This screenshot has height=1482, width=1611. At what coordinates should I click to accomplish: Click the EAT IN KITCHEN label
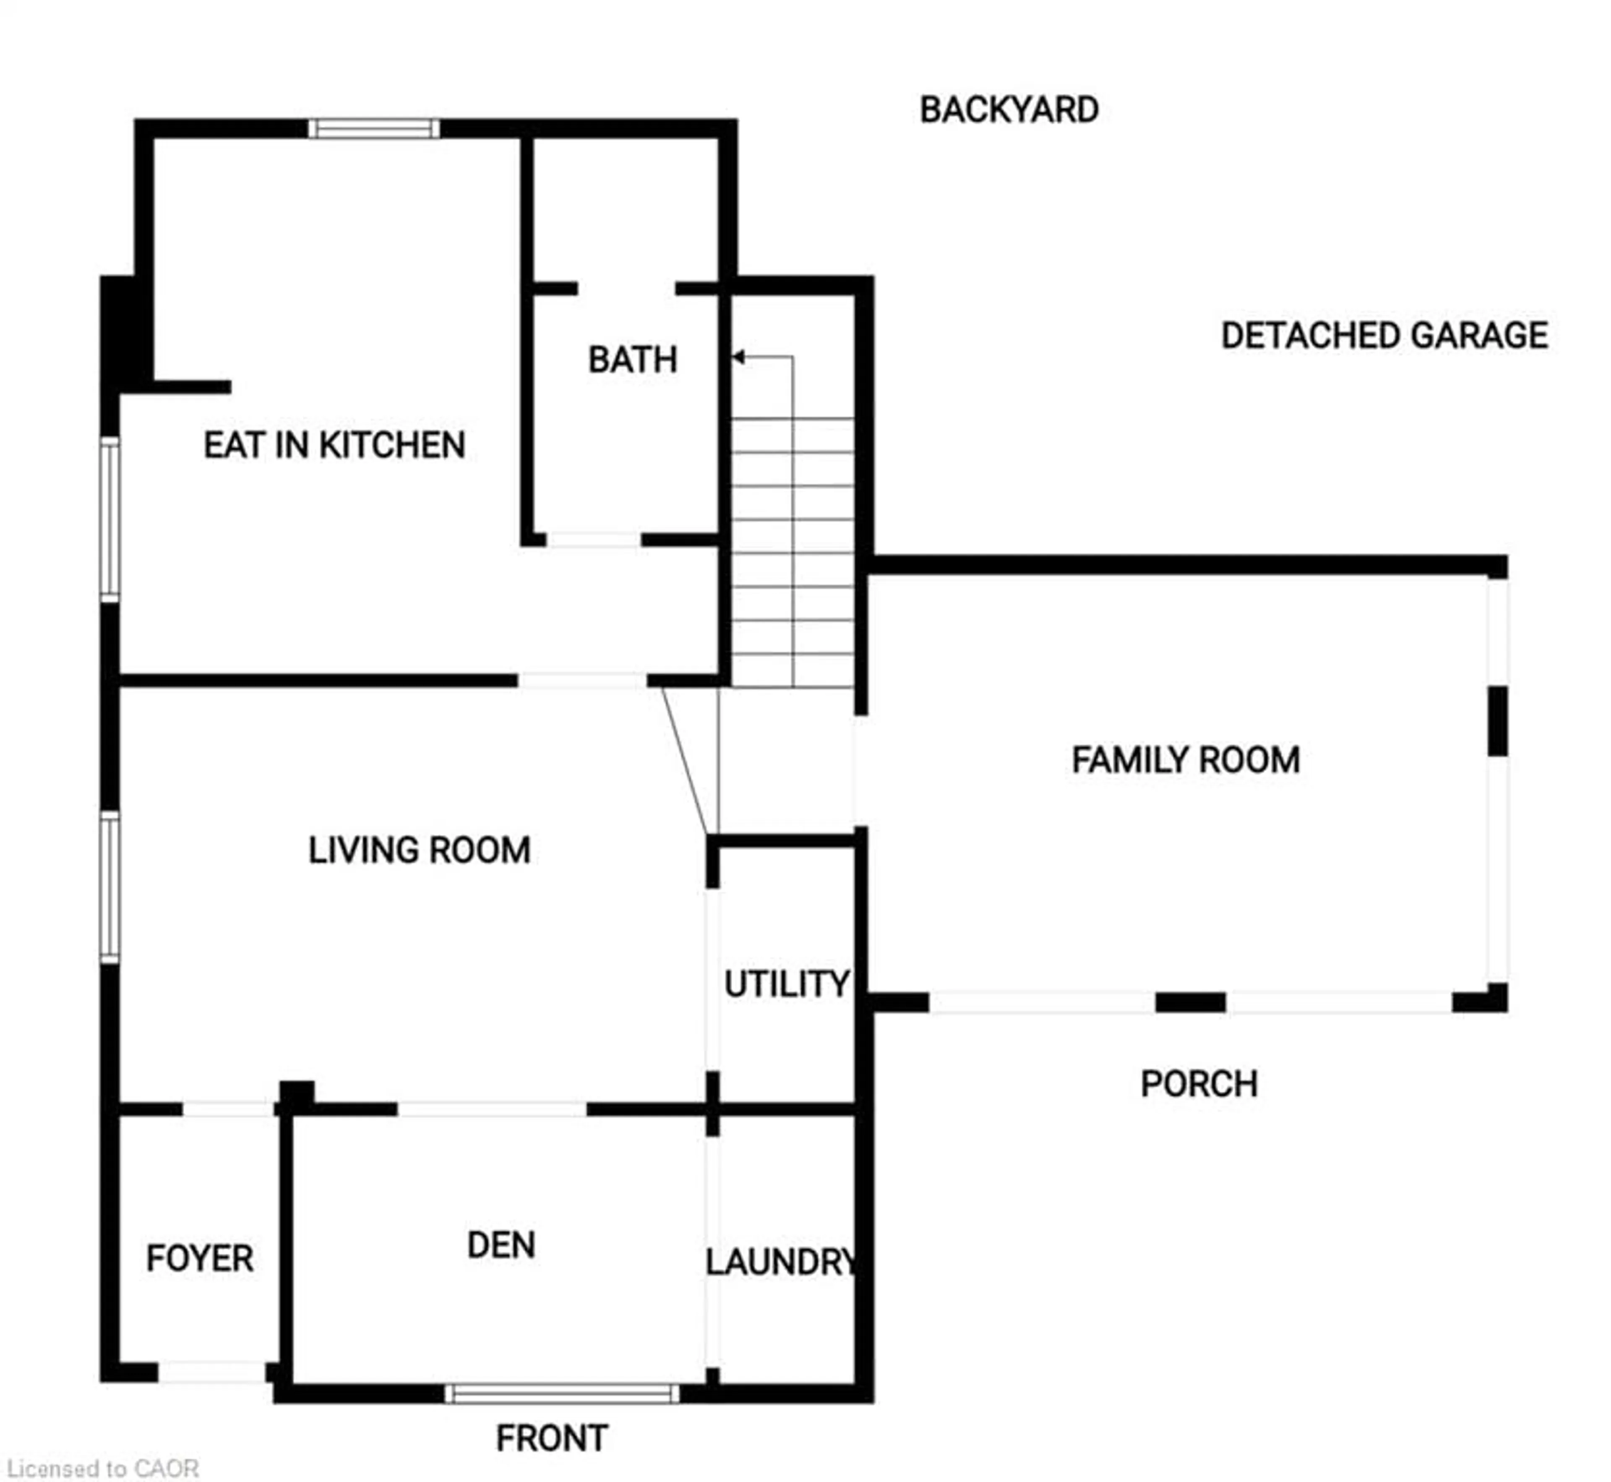334,445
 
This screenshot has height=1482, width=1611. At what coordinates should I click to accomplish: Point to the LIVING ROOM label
420,850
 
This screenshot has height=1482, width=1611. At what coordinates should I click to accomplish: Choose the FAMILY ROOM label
1185,759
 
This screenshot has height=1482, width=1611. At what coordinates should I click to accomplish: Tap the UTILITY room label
786,984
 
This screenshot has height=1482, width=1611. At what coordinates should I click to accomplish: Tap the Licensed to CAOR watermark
103,1469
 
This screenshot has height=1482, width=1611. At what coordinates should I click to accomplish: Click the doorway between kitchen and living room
582,681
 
